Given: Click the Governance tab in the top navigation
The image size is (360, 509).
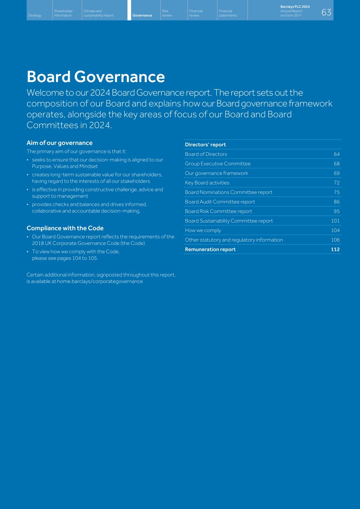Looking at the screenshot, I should [x=142, y=15].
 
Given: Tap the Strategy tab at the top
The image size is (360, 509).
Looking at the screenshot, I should [x=35, y=15].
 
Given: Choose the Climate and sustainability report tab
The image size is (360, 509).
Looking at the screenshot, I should [x=98, y=13].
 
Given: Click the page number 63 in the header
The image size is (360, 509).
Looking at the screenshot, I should [x=326, y=13].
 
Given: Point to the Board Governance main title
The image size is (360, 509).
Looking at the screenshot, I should [x=96, y=77].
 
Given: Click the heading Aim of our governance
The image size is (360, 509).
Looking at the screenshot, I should [x=59, y=143].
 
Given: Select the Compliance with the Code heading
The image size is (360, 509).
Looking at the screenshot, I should [x=65, y=228].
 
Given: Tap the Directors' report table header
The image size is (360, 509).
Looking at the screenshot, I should [x=205, y=145].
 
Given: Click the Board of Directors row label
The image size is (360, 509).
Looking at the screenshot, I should [x=206, y=154].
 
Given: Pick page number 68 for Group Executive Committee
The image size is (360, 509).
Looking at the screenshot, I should [x=336, y=164].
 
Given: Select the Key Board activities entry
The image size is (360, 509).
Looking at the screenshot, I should [x=207, y=183].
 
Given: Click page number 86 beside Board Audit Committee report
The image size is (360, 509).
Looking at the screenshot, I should [x=336, y=202].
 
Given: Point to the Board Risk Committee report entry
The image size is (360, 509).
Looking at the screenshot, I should [x=218, y=211].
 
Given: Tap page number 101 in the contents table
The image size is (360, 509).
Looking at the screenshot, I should [x=335, y=221].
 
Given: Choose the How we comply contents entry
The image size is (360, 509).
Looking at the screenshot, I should [x=203, y=230].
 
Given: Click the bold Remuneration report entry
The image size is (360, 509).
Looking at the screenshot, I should [x=210, y=249].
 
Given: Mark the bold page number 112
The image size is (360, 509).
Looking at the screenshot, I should [x=335, y=249].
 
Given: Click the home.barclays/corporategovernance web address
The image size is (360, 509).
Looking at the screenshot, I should [x=100, y=282].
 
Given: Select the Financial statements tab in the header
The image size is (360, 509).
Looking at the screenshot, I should [x=228, y=13].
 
